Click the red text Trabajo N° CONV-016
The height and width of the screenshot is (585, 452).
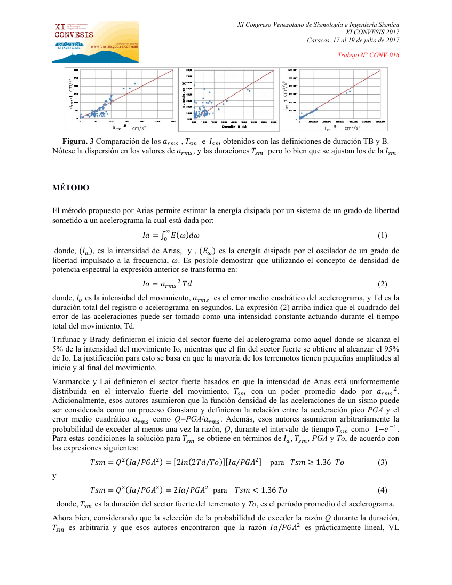pos(369,55)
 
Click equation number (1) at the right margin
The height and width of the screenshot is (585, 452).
pos(382,235)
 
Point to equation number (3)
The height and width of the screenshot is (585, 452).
pos(382,462)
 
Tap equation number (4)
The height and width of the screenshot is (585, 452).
pos(382,490)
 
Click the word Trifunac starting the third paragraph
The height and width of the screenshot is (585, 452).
pos(67,339)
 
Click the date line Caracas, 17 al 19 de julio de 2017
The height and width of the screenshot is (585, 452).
pos(353,41)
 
